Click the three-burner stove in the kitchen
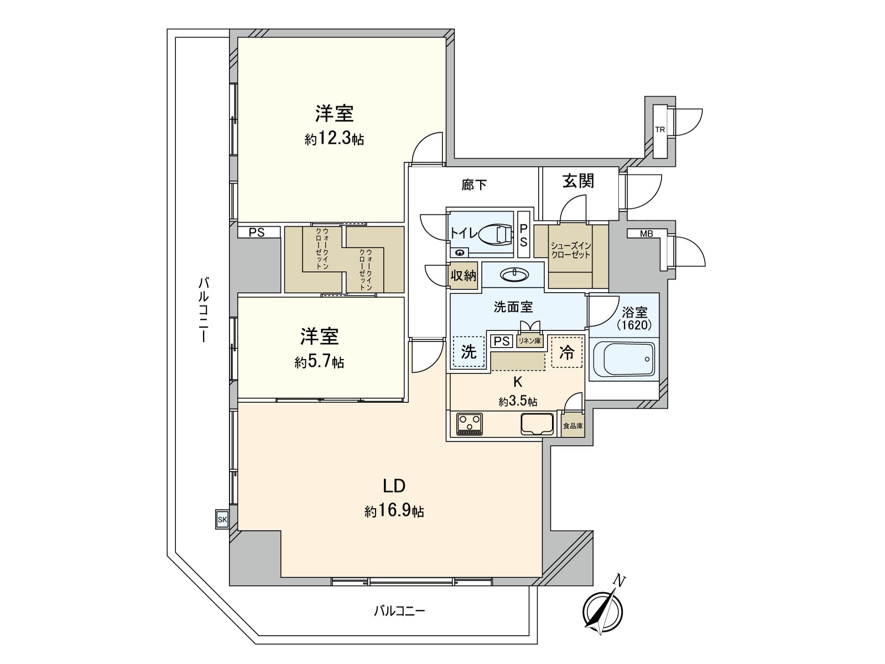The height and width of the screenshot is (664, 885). (x=470, y=424)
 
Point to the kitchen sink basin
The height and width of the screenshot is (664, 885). (x=537, y=424)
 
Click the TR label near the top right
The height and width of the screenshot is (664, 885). (x=660, y=130)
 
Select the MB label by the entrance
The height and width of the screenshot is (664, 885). (x=646, y=234)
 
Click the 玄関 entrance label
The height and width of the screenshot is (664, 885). (x=578, y=181)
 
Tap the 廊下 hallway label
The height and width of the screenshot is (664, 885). (x=475, y=185)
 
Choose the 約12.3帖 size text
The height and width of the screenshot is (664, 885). (x=334, y=138)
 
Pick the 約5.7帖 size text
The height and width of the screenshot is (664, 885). (x=319, y=362)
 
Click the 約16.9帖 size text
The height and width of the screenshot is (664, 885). (x=394, y=511)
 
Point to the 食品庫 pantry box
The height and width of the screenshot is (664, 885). (x=572, y=426)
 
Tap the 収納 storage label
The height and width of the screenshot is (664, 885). (x=463, y=275)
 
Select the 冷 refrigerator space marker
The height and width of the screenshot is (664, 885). (x=566, y=352)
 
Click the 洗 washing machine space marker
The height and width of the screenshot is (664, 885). (x=468, y=352)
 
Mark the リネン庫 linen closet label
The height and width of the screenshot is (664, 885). (x=529, y=341)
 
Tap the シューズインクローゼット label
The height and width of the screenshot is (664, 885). (x=570, y=251)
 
